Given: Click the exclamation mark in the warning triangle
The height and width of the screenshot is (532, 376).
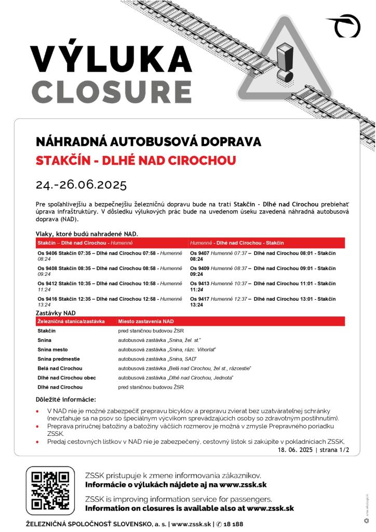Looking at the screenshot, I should (285, 61).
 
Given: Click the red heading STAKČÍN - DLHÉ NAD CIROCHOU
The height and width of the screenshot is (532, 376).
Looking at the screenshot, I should (136, 160).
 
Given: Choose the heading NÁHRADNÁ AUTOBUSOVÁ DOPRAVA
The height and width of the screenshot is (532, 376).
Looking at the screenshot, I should (149, 142).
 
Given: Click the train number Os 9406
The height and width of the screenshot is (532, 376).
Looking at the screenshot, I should (47, 253).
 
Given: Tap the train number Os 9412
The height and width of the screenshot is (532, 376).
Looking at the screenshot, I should (47, 284).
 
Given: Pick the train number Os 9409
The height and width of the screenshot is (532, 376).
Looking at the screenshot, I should (199, 268).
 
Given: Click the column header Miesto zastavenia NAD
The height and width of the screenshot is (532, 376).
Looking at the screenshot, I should (146, 322).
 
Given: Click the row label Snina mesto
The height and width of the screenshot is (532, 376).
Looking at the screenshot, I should (52, 350).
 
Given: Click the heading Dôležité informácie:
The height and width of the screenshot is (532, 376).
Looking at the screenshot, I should (65, 400).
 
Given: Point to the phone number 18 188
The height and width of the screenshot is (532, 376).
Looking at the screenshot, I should (232, 524).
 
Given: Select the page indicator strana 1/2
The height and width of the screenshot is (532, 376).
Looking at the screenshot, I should (337, 450).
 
